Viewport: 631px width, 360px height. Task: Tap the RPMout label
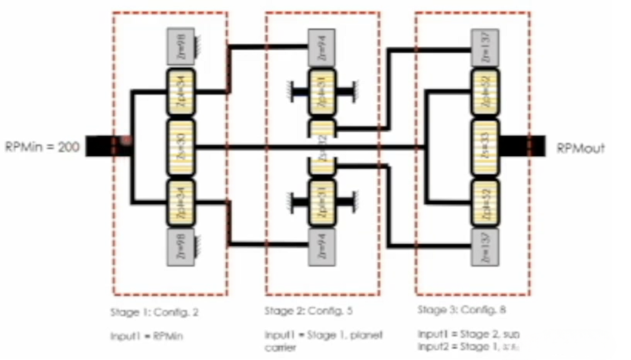click(580, 148)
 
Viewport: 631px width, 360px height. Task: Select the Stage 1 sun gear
click(181, 147)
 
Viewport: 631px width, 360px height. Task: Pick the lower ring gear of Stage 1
click(181, 247)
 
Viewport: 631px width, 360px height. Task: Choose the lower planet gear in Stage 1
click(181, 202)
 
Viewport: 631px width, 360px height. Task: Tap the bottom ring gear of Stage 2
click(322, 246)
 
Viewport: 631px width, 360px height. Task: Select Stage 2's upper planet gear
click(322, 92)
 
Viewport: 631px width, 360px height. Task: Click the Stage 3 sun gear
click(485, 147)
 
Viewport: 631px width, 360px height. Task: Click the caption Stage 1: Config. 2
click(154, 312)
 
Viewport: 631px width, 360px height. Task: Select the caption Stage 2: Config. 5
click(308, 310)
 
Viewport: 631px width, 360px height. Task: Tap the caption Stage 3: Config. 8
click(462, 310)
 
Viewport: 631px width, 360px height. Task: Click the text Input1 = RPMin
click(146, 336)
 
